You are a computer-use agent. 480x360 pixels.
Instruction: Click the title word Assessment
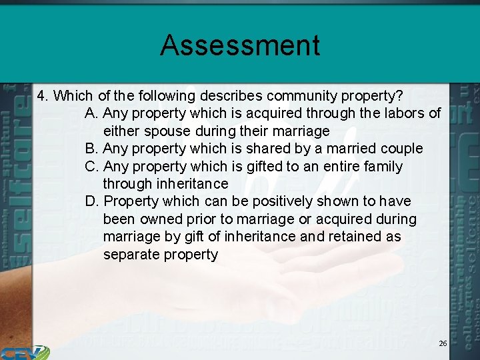tap(240, 45)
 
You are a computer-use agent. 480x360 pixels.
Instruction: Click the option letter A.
tap(91, 113)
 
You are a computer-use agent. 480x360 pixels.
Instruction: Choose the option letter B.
tap(91, 148)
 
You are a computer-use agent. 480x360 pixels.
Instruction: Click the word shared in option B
tap(268, 148)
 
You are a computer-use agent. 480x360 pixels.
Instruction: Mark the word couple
tap(401, 148)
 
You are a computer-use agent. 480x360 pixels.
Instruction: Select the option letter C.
tap(91, 166)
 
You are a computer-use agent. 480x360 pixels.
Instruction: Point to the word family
tap(381, 166)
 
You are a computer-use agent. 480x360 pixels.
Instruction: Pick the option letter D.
tap(91, 201)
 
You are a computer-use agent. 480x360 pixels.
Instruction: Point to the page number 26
tap(443, 343)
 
